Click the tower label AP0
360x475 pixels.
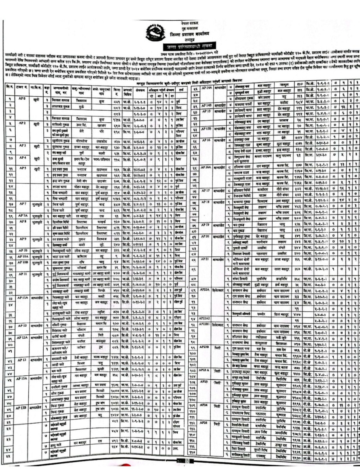point(22,98)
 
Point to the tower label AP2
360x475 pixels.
point(22,125)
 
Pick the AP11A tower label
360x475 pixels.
point(22,296)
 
